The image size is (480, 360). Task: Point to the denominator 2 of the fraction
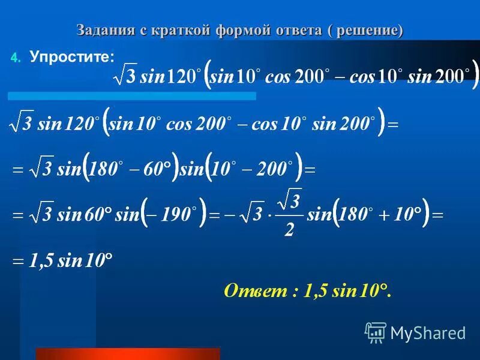pos(289,229)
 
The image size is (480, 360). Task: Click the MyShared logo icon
pos(376,332)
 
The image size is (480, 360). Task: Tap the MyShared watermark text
pos(427,332)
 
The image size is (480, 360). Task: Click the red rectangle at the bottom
pos(128,353)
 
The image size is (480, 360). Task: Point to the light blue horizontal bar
pos(132,95)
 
